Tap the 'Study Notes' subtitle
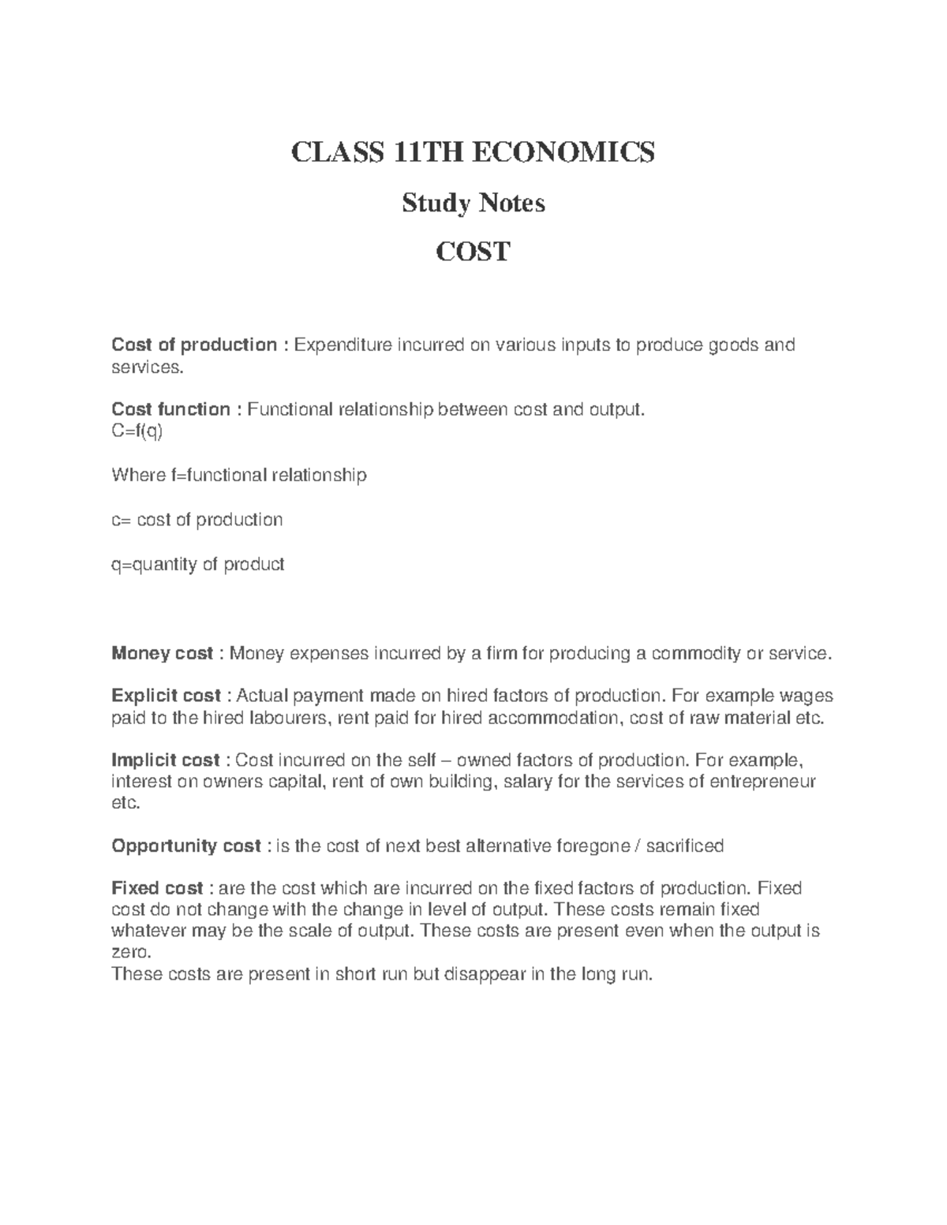pyautogui.click(x=473, y=204)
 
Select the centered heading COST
pyautogui.click(x=473, y=252)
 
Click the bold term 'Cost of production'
pyautogui.click(x=194, y=345)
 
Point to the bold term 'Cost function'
pyautogui.click(x=171, y=409)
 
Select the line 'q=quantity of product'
pyautogui.click(x=198, y=565)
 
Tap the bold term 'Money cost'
pyautogui.click(x=163, y=654)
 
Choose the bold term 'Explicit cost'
pyautogui.click(x=167, y=697)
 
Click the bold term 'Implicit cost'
pyautogui.click(x=166, y=760)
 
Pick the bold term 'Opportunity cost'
pyautogui.click(x=186, y=846)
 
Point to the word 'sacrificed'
pyautogui.click(x=684, y=846)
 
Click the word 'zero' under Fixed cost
pyautogui.click(x=129, y=953)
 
